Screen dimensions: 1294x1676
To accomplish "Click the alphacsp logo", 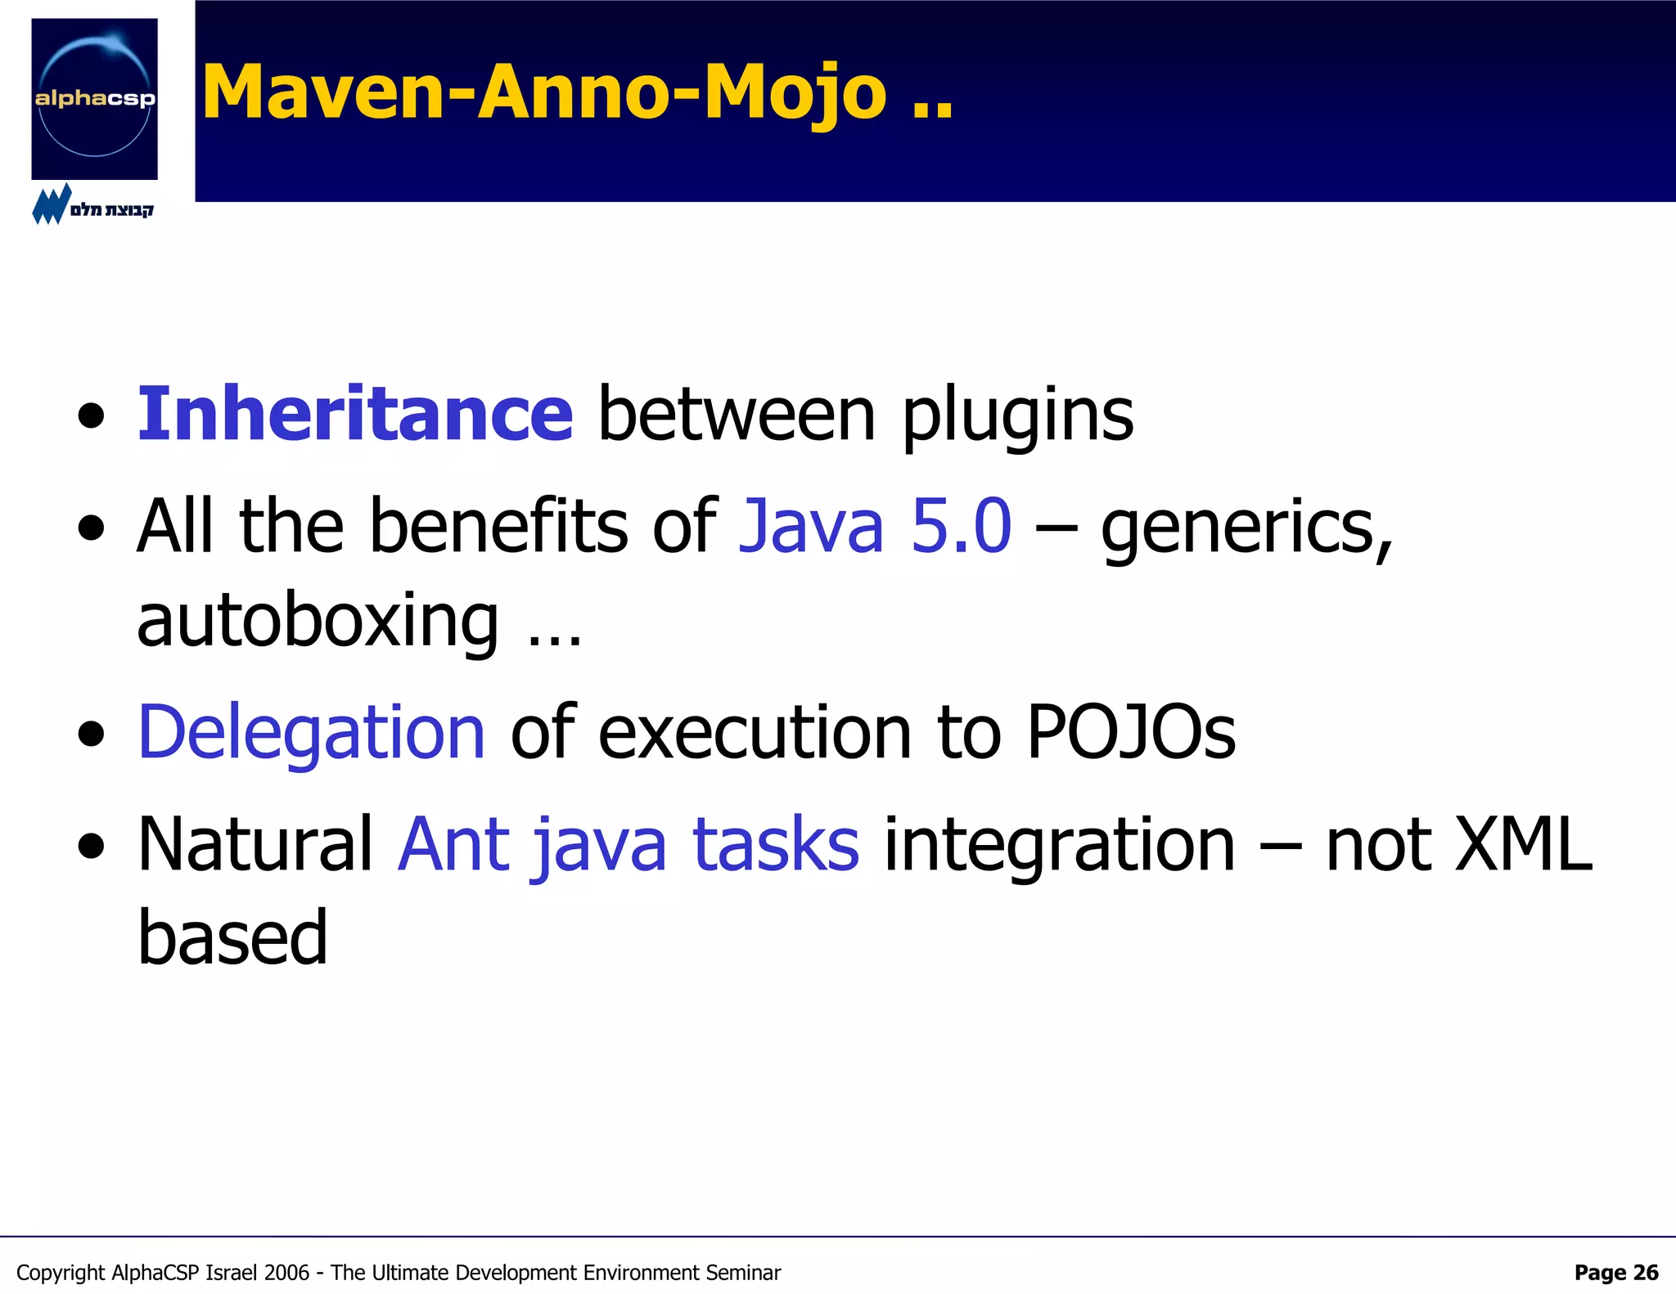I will click(94, 99).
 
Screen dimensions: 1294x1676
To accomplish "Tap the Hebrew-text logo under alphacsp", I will click(92, 206).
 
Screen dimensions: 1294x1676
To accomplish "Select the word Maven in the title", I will click(324, 92).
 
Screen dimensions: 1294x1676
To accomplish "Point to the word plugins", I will click(1017, 416).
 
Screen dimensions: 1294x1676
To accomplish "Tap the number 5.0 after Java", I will click(961, 526).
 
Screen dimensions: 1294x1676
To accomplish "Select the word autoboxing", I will click(318, 621).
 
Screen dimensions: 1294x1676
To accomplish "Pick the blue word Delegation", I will click(312, 732).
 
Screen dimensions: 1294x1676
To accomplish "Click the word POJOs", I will click(1130, 732).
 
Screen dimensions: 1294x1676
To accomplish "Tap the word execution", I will click(755, 732).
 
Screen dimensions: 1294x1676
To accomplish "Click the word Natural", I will click(255, 844).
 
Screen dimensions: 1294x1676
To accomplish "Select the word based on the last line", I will click(232, 937).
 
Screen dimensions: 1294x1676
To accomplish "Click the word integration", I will click(1059, 846).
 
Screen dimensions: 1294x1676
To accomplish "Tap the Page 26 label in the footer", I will click(1615, 1273).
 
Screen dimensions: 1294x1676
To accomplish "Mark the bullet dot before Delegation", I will click(92, 734).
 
